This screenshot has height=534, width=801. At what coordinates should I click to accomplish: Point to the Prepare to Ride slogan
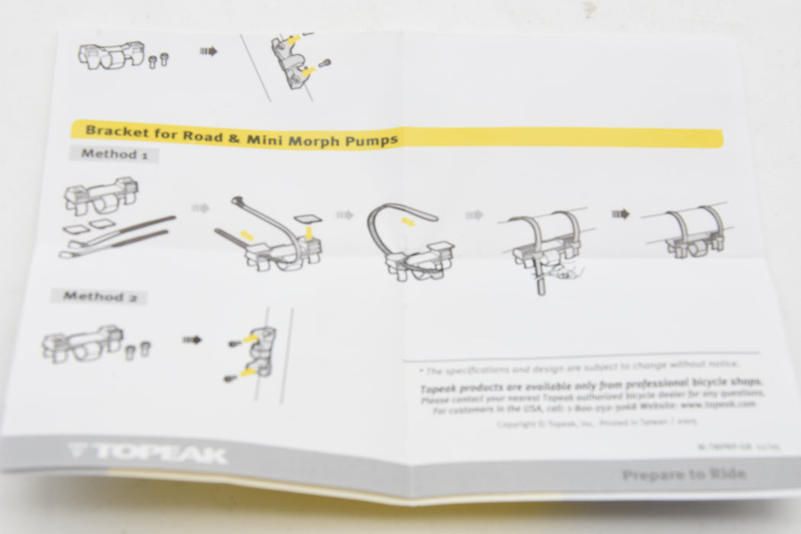683,474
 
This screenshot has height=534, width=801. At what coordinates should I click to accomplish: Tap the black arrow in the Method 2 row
191,339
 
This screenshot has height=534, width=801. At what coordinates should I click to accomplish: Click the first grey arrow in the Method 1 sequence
200,207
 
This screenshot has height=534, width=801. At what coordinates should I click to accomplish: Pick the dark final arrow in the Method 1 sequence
620,214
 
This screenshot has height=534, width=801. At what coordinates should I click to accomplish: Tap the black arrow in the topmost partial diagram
208,52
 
